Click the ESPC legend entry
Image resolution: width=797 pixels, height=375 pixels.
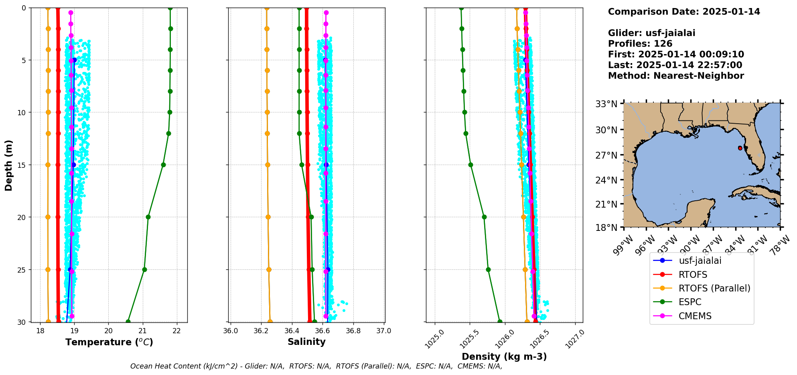click(x=690, y=302)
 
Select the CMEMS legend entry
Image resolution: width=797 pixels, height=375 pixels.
click(x=695, y=316)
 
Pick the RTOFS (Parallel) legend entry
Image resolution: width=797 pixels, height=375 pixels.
click(x=714, y=288)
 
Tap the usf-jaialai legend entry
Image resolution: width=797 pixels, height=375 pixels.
click(x=700, y=261)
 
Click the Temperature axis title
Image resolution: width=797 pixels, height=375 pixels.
click(x=109, y=342)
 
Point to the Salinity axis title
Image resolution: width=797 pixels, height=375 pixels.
click(x=306, y=342)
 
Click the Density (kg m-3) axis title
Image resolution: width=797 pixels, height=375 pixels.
click(x=504, y=357)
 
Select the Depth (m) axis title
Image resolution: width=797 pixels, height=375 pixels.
click(x=9, y=165)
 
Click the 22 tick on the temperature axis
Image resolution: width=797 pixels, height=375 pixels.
click(x=176, y=331)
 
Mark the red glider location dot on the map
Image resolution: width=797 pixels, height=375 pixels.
click(x=740, y=148)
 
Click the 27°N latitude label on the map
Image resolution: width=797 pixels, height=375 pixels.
click(x=606, y=155)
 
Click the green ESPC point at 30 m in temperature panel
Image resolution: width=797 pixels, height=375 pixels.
click(x=128, y=322)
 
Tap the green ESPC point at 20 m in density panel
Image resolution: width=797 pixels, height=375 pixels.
click(x=484, y=217)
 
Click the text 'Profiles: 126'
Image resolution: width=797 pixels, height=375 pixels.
click(x=640, y=44)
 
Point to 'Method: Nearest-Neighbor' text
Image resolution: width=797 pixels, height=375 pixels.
click(x=676, y=76)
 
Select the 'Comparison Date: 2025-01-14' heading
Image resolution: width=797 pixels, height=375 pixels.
click(x=684, y=12)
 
